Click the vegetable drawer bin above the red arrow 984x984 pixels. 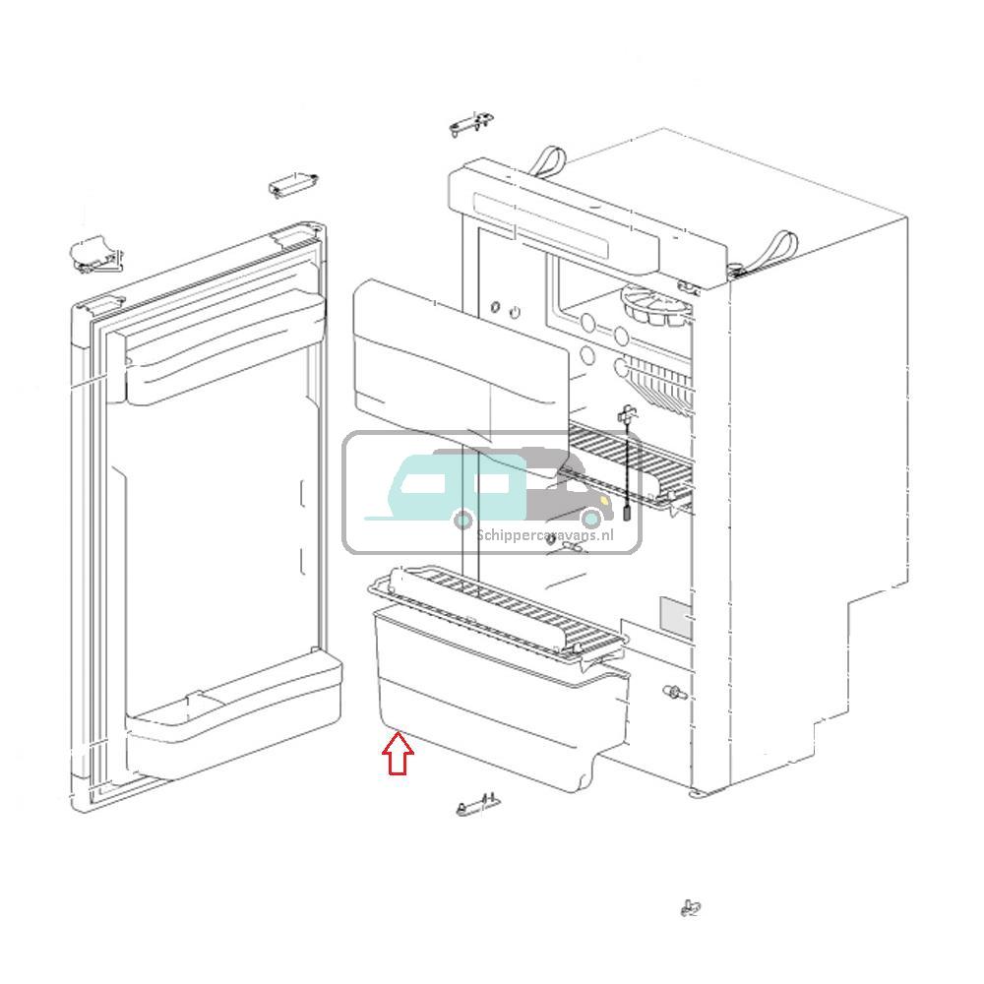(492, 699)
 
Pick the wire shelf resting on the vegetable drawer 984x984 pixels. (497, 604)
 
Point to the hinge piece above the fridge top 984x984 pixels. (471, 124)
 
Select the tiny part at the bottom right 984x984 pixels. (691, 907)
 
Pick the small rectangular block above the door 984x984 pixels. (292, 184)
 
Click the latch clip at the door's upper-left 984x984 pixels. (94, 255)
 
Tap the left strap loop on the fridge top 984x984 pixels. (551, 159)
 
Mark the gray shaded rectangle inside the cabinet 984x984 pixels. (675, 619)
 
